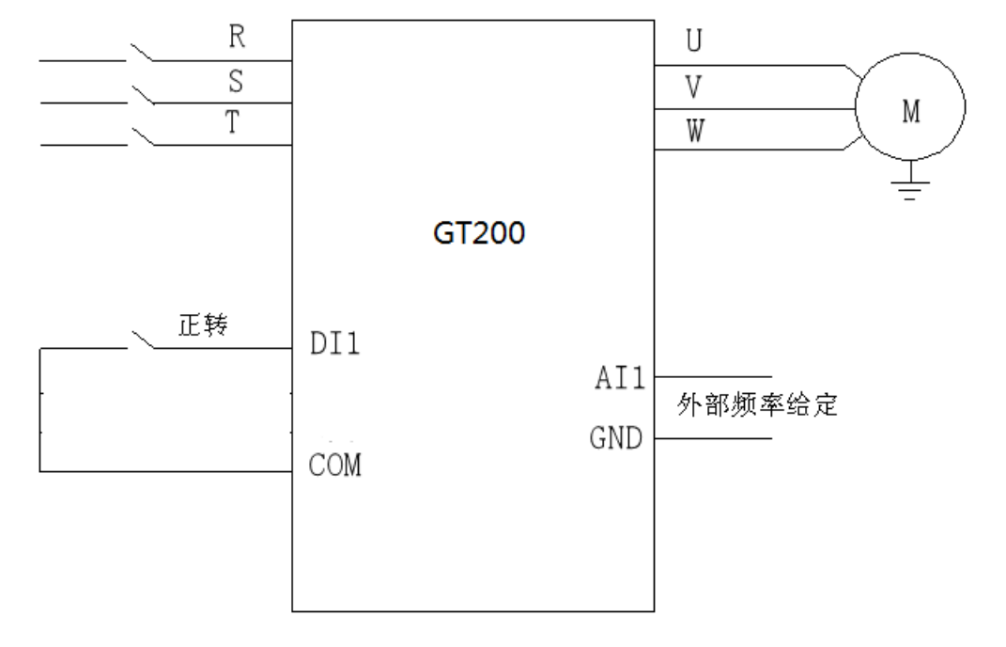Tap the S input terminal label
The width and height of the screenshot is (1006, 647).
click(x=238, y=82)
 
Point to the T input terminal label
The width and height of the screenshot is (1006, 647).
click(x=238, y=125)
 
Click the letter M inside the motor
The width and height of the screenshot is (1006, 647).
click(x=910, y=112)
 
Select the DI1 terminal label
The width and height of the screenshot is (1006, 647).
click(x=333, y=344)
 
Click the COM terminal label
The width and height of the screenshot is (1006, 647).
click(x=334, y=465)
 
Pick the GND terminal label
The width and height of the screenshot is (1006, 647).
click(x=617, y=438)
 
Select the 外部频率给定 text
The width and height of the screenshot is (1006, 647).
click(x=756, y=409)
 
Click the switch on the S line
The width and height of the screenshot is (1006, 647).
click(x=142, y=94)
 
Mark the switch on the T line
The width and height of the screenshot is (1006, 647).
click(x=142, y=136)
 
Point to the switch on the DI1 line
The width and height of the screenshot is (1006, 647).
click(x=142, y=339)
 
